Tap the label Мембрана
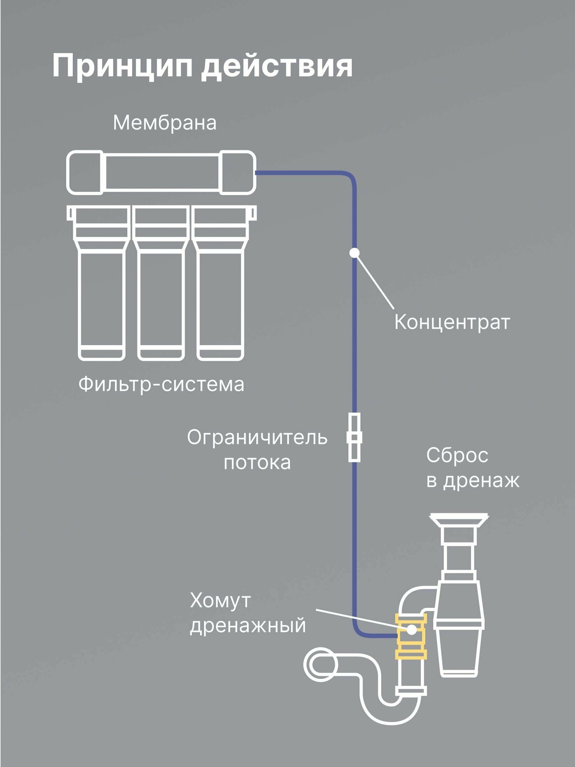coord(164,123)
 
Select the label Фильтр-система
coord(161,384)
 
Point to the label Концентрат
coord(452,322)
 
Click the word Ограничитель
coord(257,438)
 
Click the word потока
coord(257,463)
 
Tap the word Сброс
coord(457,456)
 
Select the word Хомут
coord(220,601)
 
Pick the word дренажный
coord(248,626)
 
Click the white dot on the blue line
coord(354,253)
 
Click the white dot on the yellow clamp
coord(412,629)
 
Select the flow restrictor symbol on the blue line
coord(354,438)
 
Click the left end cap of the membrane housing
coord(85,173)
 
